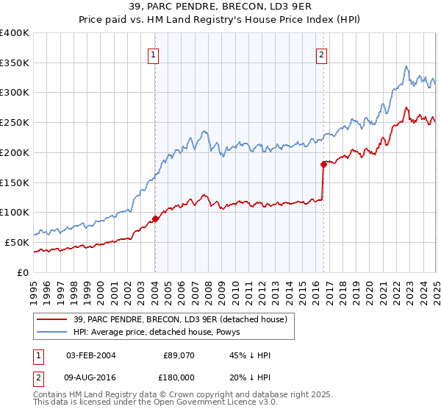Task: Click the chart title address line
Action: tap(220, 7)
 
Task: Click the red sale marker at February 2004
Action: tap(155, 219)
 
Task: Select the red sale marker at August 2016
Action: tap(323, 164)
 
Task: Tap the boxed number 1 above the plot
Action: tap(153, 54)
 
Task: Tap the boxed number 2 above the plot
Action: tap(321, 54)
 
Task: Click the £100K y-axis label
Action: tap(15, 212)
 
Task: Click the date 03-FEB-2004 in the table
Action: tap(91, 355)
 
